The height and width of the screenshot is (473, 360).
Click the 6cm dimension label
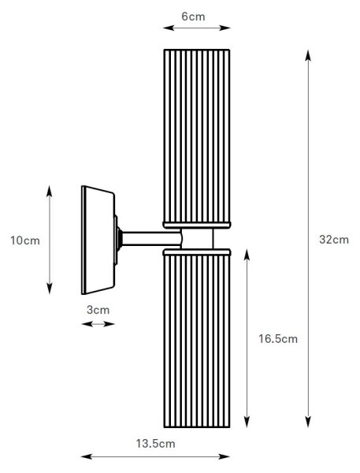(193, 17)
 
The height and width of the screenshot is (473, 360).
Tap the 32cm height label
(334, 240)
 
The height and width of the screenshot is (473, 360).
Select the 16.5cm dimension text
(278, 339)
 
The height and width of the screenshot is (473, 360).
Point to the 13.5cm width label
(155, 444)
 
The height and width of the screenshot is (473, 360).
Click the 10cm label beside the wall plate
(25, 240)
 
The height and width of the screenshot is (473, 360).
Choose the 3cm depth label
(98, 310)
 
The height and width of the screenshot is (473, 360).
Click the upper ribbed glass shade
(197, 136)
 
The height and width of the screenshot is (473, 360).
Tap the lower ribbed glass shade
(197, 341)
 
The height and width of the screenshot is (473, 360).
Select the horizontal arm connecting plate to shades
(151, 239)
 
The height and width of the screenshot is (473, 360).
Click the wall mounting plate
(98, 240)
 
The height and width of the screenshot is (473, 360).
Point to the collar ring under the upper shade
(197, 225)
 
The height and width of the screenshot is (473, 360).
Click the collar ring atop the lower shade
(197, 252)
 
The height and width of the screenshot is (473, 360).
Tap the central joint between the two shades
(197, 239)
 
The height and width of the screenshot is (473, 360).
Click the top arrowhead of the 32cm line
(308, 55)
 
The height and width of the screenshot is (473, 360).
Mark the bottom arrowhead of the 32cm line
(308, 422)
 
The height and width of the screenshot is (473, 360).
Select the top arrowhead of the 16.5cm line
(247, 255)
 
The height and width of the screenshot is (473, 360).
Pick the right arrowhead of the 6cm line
(225, 28)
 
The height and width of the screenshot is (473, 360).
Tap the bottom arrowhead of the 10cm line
(50, 289)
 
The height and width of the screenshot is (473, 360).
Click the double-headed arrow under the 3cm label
(98, 324)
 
